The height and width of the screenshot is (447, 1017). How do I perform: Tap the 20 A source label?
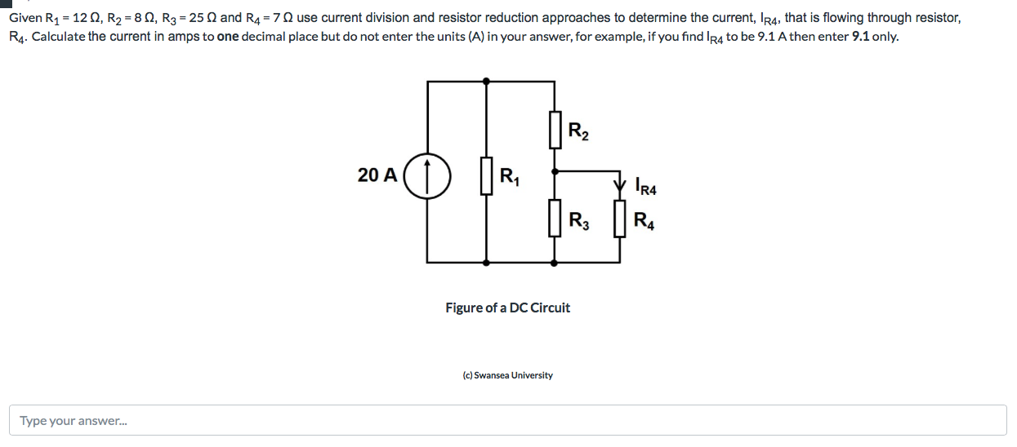click(x=377, y=175)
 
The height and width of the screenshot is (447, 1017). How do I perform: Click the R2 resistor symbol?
click(x=555, y=130)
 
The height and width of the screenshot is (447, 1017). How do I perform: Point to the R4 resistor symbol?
click(x=620, y=220)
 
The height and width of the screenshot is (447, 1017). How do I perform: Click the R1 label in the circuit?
click(x=509, y=175)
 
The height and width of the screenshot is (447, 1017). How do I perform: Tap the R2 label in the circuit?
click(x=578, y=131)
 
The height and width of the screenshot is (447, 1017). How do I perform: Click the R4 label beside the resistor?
click(x=643, y=221)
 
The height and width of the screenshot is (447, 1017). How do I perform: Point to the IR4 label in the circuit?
click(x=645, y=187)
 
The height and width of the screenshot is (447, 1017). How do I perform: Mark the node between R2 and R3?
click(x=555, y=172)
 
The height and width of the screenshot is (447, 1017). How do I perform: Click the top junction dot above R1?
click(x=487, y=81)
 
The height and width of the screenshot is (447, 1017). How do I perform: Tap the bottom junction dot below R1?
click(x=487, y=263)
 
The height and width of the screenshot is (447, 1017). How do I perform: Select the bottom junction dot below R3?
click(x=555, y=263)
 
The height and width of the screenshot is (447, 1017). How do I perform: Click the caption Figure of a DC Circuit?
click(x=507, y=308)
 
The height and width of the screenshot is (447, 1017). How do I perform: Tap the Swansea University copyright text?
click(x=507, y=375)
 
